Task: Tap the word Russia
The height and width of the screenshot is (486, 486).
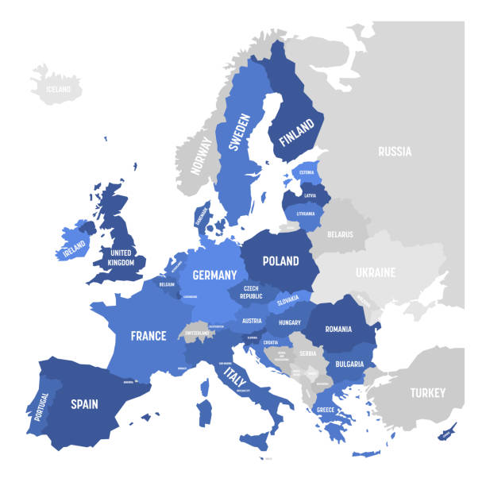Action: pyautogui.click(x=394, y=150)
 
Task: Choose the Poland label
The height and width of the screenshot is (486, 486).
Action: pyautogui.click(x=281, y=260)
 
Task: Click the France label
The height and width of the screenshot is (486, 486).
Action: pyautogui.click(x=148, y=335)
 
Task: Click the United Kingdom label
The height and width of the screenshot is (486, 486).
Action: pyautogui.click(x=121, y=257)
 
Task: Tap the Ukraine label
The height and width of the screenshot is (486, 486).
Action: pyautogui.click(x=374, y=272)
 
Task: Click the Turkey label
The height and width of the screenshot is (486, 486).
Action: pyautogui.click(x=427, y=392)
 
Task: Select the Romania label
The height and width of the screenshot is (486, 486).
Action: pyautogui.click(x=337, y=327)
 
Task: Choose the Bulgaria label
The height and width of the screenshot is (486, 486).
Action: pyautogui.click(x=349, y=364)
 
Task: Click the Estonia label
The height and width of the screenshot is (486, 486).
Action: pyautogui.click(x=307, y=172)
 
